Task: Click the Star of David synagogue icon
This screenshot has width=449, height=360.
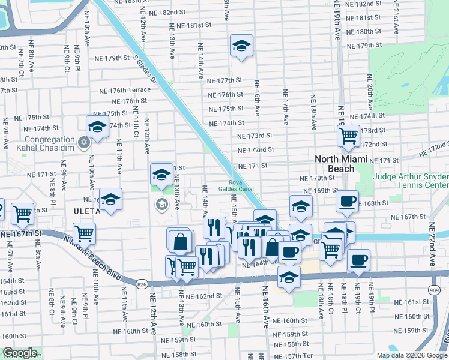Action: pyautogui.click(x=84, y=142)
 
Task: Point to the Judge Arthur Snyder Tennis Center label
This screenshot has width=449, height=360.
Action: pyautogui.click(x=411, y=181)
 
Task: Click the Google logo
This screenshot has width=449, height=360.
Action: pyautogui.click(x=19, y=353)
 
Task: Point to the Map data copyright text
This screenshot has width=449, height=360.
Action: pyautogui.click(x=412, y=355)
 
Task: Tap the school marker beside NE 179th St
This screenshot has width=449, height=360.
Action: pyautogui.click(x=241, y=46)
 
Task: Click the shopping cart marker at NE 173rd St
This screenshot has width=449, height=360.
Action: pyautogui.click(x=348, y=137)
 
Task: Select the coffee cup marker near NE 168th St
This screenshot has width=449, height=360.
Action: pyautogui.click(x=346, y=201)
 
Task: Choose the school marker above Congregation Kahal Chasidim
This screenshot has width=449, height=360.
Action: pyautogui.click(x=96, y=126)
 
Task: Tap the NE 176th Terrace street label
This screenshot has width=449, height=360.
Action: pyautogui.click(x=126, y=90)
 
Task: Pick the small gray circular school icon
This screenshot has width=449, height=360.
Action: pyautogui.click(x=161, y=205)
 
